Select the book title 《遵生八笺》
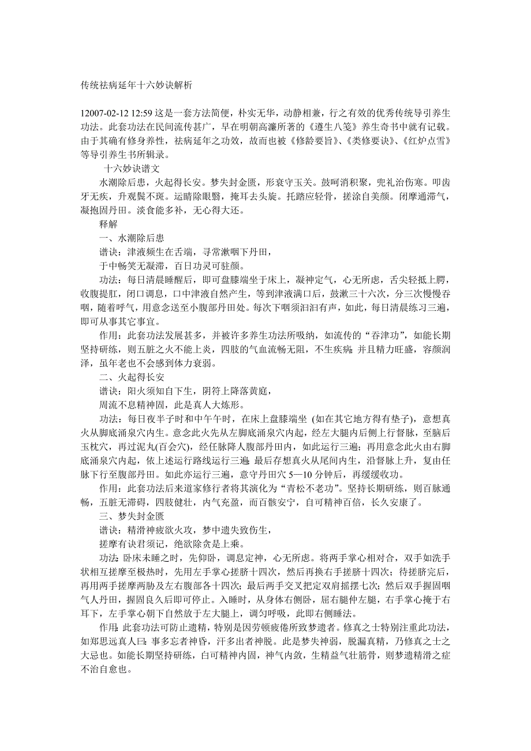point(329,126)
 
